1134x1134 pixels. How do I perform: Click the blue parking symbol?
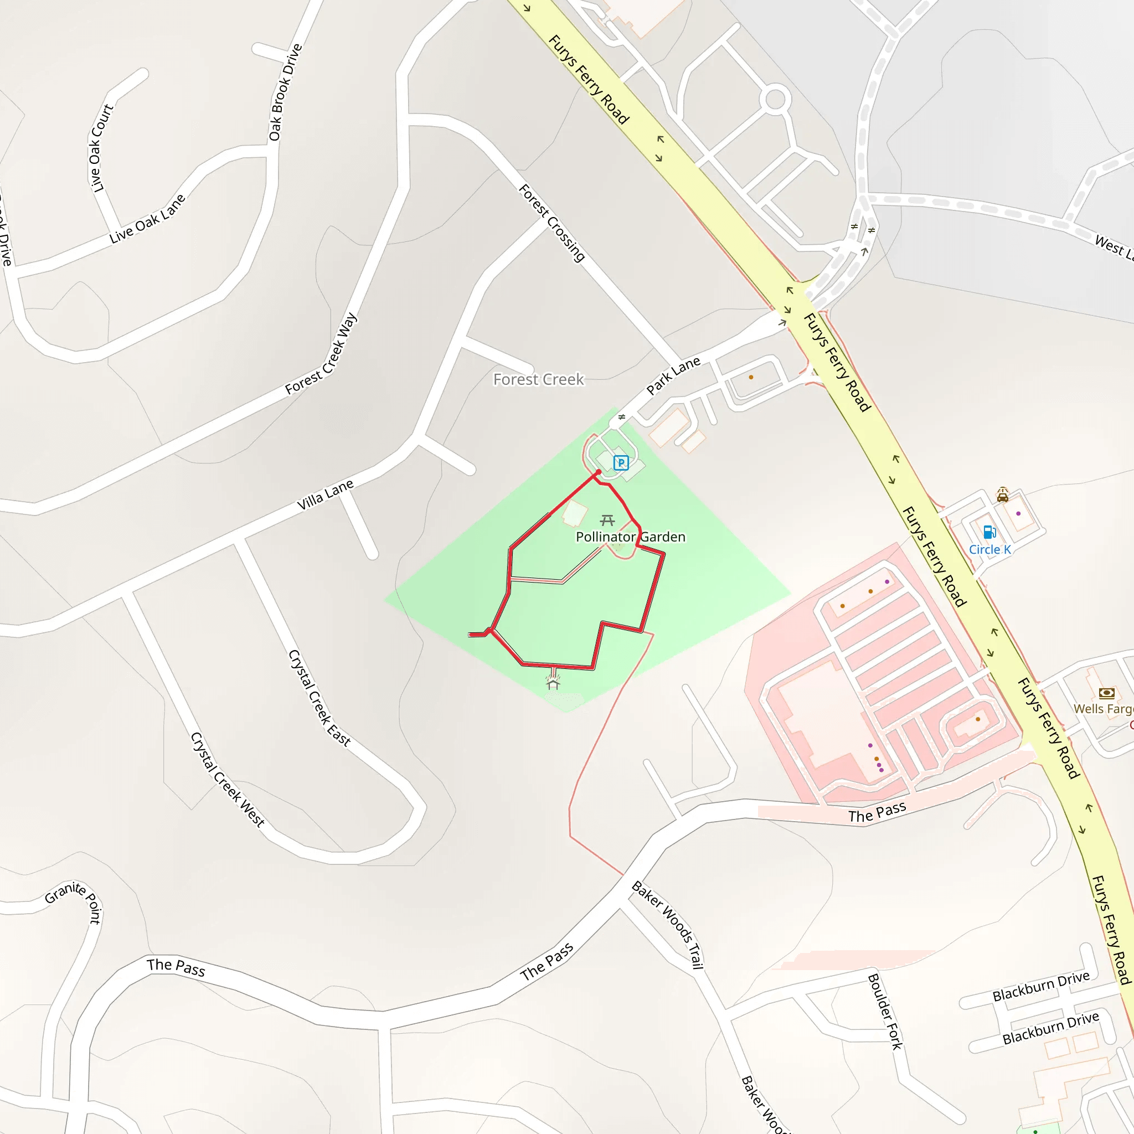(621, 462)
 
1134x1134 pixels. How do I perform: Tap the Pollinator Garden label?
(630, 537)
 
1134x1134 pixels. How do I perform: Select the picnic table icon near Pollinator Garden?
(607, 520)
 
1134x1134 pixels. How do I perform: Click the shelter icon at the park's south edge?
(553, 683)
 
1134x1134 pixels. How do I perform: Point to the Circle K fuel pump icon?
(989, 532)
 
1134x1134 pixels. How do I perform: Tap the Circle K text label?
(989, 549)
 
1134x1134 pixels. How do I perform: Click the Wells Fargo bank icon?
(1106, 693)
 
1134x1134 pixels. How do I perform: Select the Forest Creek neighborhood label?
(538, 379)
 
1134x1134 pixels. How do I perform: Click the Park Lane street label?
(673, 375)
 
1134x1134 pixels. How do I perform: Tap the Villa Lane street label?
(325, 494)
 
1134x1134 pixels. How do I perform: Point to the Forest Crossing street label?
(551, 223)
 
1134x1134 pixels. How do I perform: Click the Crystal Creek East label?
(319, 698)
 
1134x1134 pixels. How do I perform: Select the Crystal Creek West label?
(228, 779)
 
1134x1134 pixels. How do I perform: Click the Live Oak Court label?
(100, 148)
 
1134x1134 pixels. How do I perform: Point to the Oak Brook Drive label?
(285, 92)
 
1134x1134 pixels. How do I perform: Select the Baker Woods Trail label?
(667, 925)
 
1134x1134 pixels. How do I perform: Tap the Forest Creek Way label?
(321, 353)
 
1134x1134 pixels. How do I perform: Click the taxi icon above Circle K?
(1003, 495)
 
